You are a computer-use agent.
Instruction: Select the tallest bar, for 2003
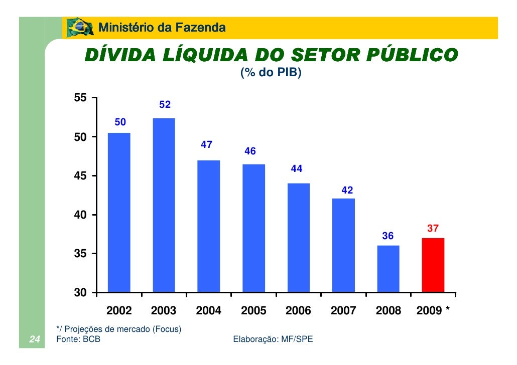point(164,205)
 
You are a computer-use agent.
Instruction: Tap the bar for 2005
point(253,228)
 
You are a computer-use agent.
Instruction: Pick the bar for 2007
point(343,245)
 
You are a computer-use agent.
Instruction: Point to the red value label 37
point(433,229)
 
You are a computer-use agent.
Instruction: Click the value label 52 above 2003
point(165,105)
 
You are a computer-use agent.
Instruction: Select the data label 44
point(297,169)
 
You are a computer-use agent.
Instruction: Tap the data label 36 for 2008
point(388,236)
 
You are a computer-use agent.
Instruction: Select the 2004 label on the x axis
point(208,311)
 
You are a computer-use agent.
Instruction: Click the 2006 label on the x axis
point(298,311)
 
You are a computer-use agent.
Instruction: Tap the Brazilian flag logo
point(79,27)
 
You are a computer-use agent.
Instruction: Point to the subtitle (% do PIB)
point(271,74)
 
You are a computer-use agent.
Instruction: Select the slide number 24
point(35,339)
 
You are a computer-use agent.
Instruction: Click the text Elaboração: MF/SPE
point(273,339)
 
